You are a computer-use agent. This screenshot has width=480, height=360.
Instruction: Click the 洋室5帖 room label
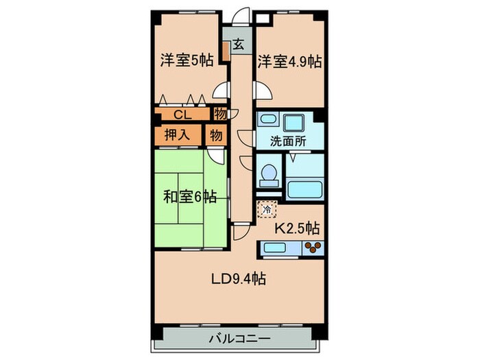pyautogui.click(x=185, y=60)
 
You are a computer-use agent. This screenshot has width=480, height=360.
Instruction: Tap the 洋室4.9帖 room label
pyautogui.click(x=289, y=60)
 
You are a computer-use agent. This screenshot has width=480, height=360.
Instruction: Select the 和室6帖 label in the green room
pyautogui.click(x=190, y=197)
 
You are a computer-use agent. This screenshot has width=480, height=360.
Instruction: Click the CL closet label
pyautogui.click(x=182, y=115)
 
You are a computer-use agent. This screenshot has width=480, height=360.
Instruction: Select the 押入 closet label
pyautogui.click(x=177, y=134)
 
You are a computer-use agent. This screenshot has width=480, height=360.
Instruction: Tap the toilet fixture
pyautogui.click(x=269, y=176)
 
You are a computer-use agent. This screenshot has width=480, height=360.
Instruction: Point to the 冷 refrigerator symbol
pyautogui.click(x=265, y=208)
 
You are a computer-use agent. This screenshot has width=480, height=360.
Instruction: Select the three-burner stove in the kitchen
pyautogui.click(x=312, y=248)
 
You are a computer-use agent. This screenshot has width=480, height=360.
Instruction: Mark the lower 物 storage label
pyautogui.click(x=216, y=134)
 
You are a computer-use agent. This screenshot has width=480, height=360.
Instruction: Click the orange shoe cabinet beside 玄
pyautogui.click(x=225, y=53)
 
